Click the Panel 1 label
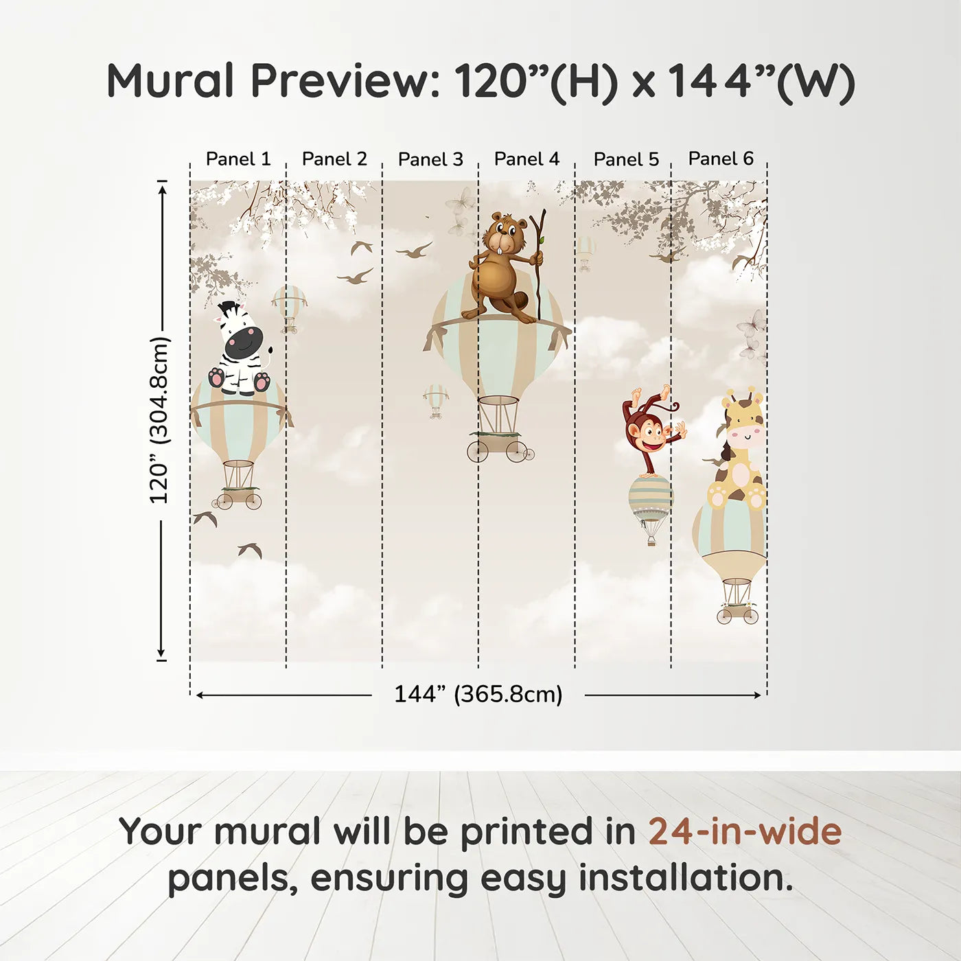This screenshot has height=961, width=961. click(238, 159)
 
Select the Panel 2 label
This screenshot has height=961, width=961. click(334, 159)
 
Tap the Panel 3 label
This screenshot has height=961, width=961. click(430, 159)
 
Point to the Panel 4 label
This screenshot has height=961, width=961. click(526, 159)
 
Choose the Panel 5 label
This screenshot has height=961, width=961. click(626, 159)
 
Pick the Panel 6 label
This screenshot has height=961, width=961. click(721, 159)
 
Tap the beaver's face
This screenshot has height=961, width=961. click(505, 238)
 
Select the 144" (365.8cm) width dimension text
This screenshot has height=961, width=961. click(478, 694)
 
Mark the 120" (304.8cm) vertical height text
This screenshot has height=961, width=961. click(159, 420)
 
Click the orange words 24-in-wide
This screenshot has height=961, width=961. click(744, 832)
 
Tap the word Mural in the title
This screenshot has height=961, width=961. click(170, 81)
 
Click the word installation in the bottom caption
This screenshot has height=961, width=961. click(685, 878)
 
